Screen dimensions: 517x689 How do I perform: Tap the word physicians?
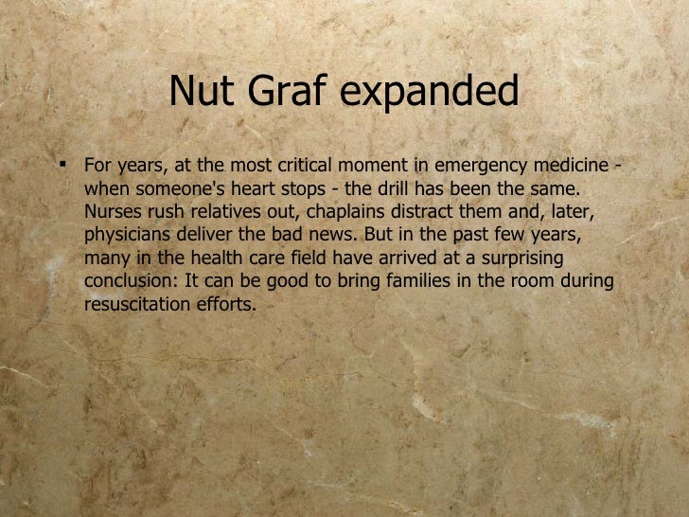(x=125, y=236)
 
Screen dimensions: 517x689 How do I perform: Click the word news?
(x=327, y=235)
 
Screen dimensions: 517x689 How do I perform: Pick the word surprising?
(x=523, y=258)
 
